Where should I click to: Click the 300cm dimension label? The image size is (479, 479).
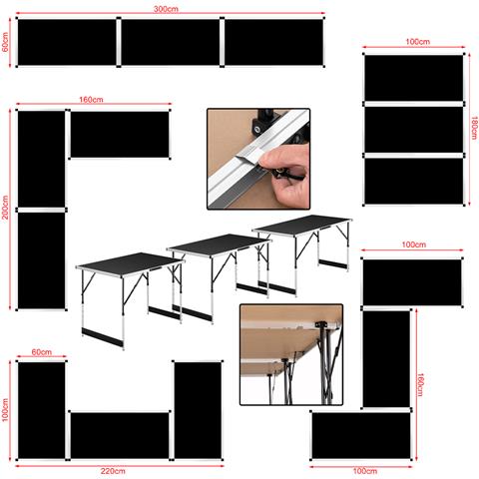coord(166,9)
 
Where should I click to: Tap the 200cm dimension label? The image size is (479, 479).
coord(5,208)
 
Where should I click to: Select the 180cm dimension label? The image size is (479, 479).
coord(474,128)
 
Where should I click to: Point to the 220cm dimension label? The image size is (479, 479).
coord(113,471)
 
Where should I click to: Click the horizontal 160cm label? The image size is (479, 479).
coord(91,100)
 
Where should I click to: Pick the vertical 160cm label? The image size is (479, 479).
coord(420,385)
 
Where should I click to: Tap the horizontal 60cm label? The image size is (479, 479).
coord(42,352)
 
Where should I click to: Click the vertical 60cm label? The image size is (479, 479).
coord(5,42)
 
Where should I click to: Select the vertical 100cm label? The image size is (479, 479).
coord(5,410)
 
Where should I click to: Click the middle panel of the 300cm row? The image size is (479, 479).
coord(171,42)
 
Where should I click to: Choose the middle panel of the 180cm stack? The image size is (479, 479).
coord(414,130)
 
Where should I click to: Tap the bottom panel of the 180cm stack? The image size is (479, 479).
coord(414,181)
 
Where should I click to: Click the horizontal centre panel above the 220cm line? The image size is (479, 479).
coord(120,435)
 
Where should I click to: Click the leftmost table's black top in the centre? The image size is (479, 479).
coord(129,264)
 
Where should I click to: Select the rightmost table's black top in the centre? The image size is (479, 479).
coord(302,225)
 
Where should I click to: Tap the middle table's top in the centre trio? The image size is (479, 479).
coord(219,243)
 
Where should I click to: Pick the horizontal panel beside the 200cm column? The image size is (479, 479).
coord(120,135)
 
